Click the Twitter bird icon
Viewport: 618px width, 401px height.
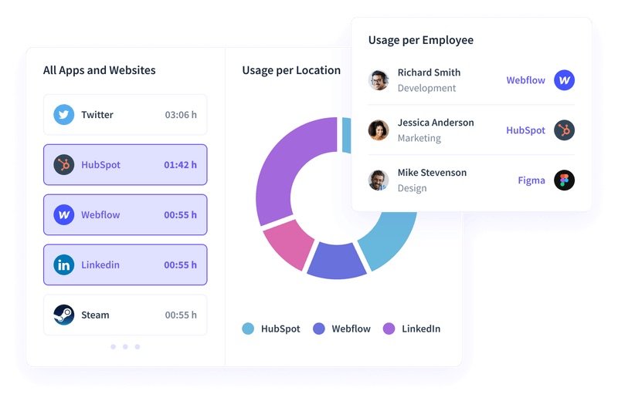[x=63, y=115]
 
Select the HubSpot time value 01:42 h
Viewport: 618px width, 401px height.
[x=180, y=165]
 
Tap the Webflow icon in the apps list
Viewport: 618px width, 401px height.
[x=63, y=215]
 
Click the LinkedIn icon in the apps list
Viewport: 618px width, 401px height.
[x=63, y=265]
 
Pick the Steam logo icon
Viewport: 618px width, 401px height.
[x=63, y=315]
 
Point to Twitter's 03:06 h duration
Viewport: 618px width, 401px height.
[x=181, y=115]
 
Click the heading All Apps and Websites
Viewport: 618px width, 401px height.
[x=99, y=70]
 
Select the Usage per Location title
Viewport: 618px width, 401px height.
[x=291, y=70]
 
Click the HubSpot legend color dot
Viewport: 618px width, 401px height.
[x=248, y=329]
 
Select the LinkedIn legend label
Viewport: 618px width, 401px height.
[x=421, y=329]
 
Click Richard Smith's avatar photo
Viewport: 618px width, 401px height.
[x=379, y=80]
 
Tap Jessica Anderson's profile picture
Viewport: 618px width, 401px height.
[x=379, y=130]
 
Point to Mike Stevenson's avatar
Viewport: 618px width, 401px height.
[x=379, y=180]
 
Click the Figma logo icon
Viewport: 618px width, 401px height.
[x=565, y=180]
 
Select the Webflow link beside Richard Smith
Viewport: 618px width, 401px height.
[x=525, y=80]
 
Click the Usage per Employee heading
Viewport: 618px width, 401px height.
[x=421, y=40]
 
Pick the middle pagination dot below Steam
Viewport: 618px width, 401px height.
[x=125, y=347]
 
